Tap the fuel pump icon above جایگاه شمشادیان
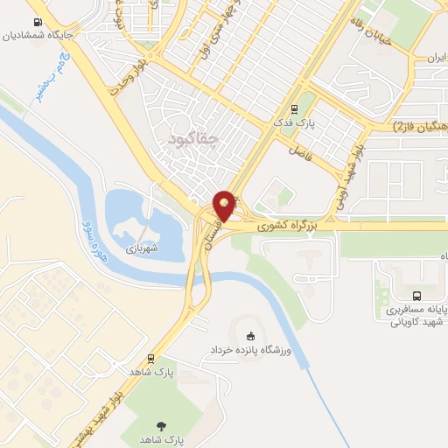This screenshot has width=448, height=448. [x=38, y=23]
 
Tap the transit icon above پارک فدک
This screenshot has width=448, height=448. [x=294, y=110]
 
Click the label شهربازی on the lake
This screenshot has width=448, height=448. [x=140, y=248]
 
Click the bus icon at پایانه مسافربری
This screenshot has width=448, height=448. [x=416, y=297]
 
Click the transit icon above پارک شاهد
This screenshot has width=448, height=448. [x=152, y=358]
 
